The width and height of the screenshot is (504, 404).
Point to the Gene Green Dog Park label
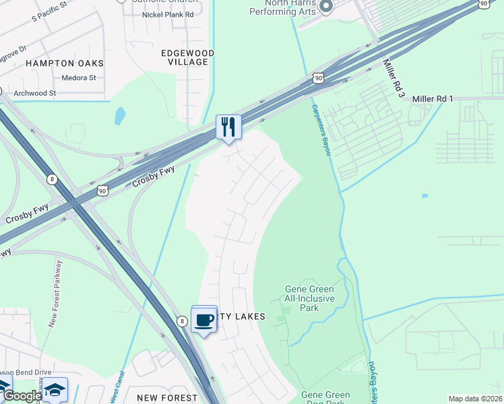click(x=325, y=399)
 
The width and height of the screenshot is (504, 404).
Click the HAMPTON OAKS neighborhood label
click(x=65, y=63)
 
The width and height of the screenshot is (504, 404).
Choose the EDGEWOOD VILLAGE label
click(x=188, y=57)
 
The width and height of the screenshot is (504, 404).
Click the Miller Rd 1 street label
click(x=433, y=99)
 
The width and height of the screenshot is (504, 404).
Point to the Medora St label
click(x=79, y=78)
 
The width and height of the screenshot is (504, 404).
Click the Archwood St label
click(x=34, y=93)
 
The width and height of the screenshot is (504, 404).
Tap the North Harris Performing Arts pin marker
click(x=326, y=6)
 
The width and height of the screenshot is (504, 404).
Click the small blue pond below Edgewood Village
click(x=120, y=116)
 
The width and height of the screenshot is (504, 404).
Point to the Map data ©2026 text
click(x=475, y=399)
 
